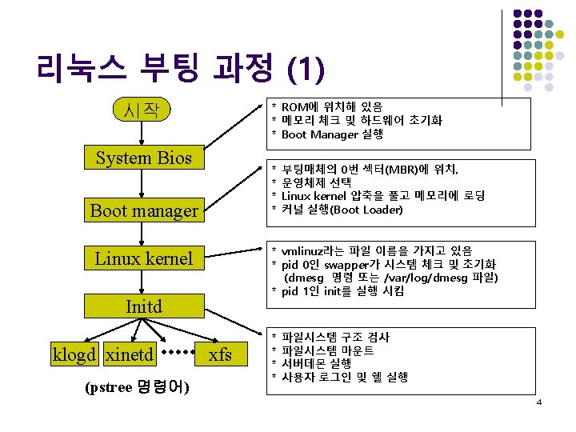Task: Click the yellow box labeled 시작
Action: (x=143, y=110)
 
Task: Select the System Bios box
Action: (x=143, y=158)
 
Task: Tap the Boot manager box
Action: (x=143, y=210)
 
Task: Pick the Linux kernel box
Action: (x=143, y=258)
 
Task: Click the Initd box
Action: (x=143, y=306)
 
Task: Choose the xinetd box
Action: (x=130, y=354)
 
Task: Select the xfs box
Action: (x=220, y=354)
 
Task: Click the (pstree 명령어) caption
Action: (x=137, y=388)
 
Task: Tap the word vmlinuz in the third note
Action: (x=307, y=250)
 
